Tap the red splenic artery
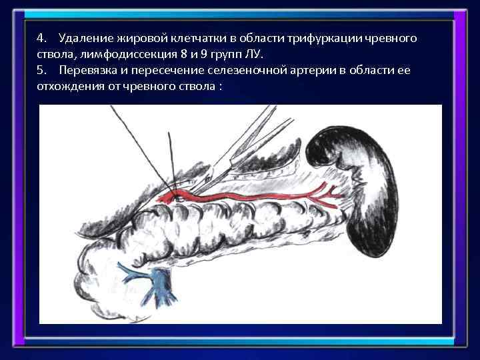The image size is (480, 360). point(253,195)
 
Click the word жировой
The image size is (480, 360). point(149,38)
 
